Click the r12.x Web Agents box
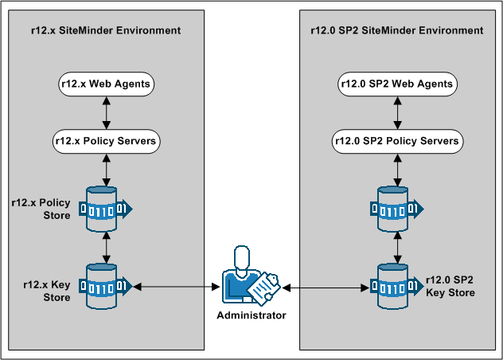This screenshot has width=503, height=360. tap(106, 84)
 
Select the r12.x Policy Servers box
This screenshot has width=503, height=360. tap(106, 141)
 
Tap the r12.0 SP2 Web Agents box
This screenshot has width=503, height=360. tap(396, 84)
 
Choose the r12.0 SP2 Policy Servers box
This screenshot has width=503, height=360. tap(396, 141)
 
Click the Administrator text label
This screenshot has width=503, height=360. tap(251, 315)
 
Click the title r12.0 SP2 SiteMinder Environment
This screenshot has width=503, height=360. tap(396, 30)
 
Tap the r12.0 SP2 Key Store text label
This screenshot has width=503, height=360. tap(450, 286)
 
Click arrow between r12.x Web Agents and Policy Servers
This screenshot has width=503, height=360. tap(106, 112)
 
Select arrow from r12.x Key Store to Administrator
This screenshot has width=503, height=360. tap(176, 286)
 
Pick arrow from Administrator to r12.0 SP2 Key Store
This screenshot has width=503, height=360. tap(326, 286)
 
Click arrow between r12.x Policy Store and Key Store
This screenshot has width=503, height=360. tap(107, 247)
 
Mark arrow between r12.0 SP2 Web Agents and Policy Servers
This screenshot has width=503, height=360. tap(396, 112)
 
